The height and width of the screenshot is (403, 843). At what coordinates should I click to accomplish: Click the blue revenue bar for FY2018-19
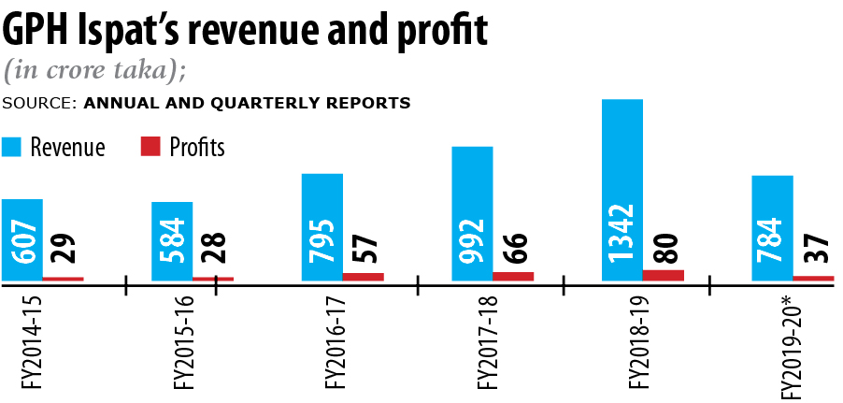(622, 187)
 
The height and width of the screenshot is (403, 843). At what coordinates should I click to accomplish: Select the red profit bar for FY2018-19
(664, 275)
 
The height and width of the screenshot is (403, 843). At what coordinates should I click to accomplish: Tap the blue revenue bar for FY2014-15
(21, 239)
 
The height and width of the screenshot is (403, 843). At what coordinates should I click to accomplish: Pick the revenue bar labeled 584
(172, 240)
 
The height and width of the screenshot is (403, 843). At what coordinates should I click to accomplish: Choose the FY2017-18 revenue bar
(472, 213)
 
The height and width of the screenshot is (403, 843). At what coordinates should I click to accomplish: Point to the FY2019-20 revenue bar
(772, 227)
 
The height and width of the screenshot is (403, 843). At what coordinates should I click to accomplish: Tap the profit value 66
(514, 248)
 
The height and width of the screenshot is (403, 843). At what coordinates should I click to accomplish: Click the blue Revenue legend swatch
(13, 147)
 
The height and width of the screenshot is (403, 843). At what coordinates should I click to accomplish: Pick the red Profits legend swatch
(150, 147)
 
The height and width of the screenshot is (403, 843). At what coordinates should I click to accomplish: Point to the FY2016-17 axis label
(334, 342)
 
